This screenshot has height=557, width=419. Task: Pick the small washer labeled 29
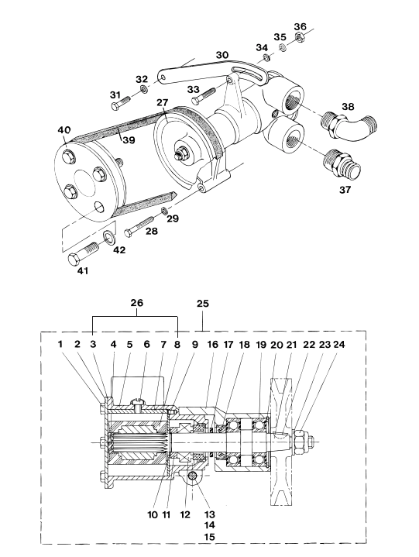(x=165, y=211)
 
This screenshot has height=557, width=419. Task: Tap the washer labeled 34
(x=266, y=57)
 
